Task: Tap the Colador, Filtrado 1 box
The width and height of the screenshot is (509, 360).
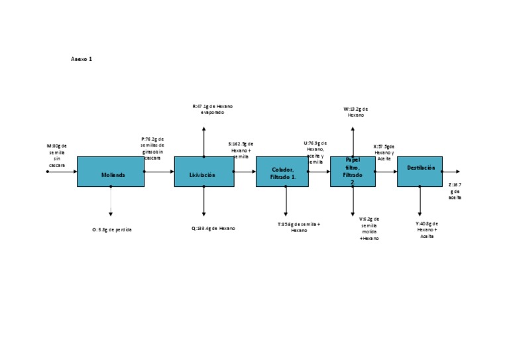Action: point(282,172)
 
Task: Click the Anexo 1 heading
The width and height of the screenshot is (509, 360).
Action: point(82,59)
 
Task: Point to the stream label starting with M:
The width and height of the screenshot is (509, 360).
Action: point(56,155)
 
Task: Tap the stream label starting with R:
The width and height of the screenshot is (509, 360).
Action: point(213,109)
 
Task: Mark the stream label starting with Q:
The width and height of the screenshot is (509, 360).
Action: point(213,228)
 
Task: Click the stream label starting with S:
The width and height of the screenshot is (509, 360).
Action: point(241,150)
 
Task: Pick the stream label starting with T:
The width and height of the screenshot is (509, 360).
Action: point(299,227)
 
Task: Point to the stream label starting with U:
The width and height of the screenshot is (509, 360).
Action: point(315,151)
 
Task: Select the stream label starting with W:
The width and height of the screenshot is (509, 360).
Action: point(356,111)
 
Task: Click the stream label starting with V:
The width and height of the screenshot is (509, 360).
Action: point(369,228)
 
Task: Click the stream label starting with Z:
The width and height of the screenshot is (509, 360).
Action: point(455,190)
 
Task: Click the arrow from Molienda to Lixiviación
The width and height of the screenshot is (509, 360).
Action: point(158,171)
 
